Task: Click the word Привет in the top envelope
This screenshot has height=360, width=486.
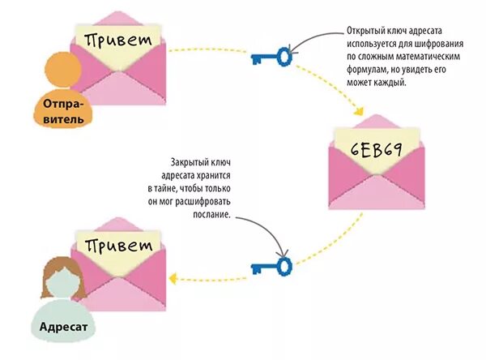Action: (x=117, y=38)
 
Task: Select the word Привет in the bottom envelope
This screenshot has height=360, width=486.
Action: (x=118, y=245)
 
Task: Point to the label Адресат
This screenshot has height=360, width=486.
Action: (x=60, y=328)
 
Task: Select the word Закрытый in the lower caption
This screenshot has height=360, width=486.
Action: (x=188, y=161)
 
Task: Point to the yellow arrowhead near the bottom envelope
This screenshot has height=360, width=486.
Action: (x=173, y=278)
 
